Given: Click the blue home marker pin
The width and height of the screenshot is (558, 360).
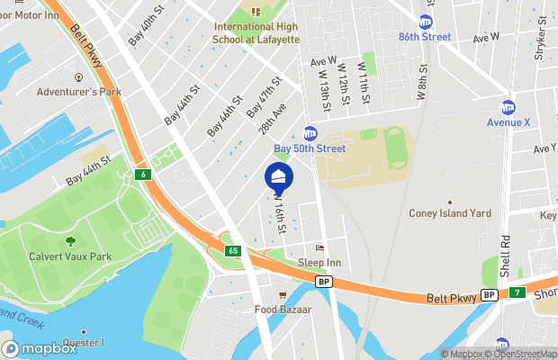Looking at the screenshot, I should coord(279,176).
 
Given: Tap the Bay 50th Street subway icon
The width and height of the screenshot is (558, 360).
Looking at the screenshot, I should coord(310,133).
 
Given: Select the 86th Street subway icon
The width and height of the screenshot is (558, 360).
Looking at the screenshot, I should coord(425,22).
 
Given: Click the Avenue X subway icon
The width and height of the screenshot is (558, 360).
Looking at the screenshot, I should coord(508,107).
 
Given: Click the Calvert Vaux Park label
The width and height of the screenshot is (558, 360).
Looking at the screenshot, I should coord(70,256).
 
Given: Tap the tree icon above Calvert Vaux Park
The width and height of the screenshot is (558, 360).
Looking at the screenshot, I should coord(70,241).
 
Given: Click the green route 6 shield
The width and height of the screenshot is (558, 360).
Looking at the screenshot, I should coord(142,173).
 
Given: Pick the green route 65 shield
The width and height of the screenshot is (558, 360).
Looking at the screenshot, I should coord(232,250).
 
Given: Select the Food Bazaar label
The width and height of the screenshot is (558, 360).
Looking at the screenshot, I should coord(283,310).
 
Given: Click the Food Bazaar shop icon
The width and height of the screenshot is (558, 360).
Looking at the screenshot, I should coord(283,295).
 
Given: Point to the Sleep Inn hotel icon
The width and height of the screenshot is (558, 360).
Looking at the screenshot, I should coord(319,248).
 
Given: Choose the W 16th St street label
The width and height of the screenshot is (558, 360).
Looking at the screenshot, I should coord(280,216).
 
